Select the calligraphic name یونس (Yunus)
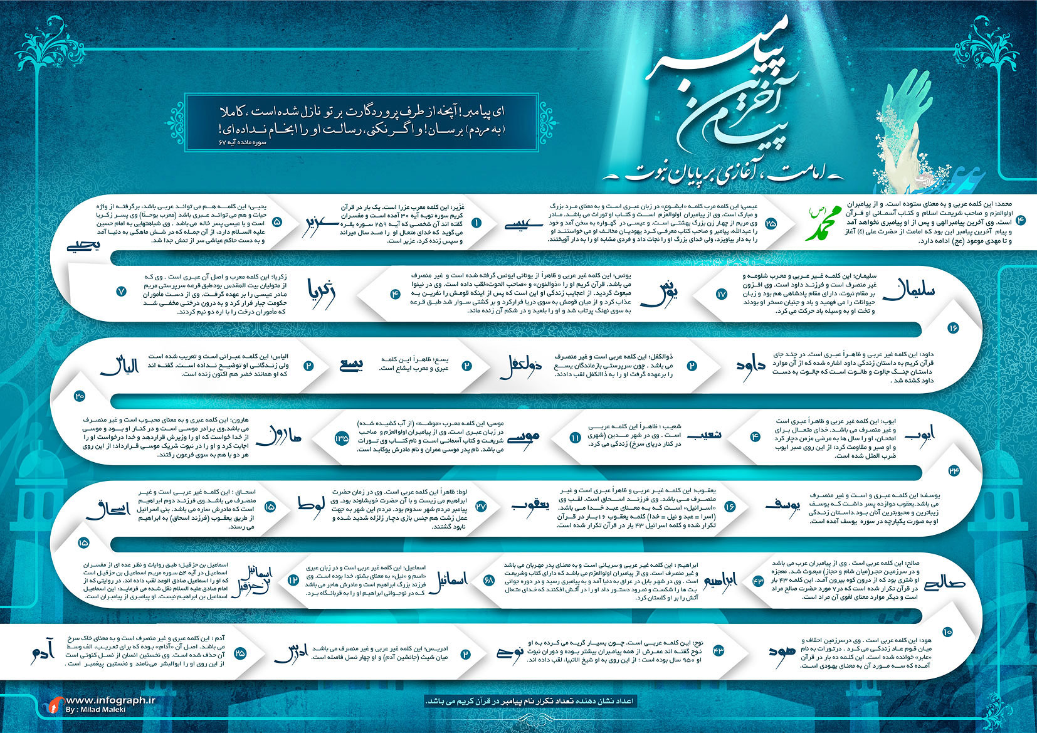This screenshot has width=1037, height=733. tap(670, 293)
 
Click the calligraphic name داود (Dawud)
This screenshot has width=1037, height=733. tap(750, 366)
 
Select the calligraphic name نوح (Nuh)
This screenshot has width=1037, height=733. tap(509, 652)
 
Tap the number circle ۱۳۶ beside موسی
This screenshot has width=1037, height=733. tap(342, 438)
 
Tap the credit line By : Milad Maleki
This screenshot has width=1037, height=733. tap(95, 710)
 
